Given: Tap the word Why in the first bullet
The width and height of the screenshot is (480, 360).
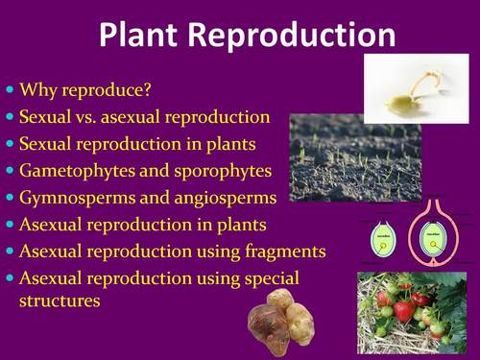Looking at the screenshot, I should click(38, 92).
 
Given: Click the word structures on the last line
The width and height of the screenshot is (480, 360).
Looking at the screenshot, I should click(60, 300).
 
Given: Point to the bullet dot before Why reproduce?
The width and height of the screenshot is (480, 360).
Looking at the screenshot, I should click(11, 92).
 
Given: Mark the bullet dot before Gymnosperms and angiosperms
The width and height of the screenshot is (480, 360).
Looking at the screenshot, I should click(11, 198).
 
